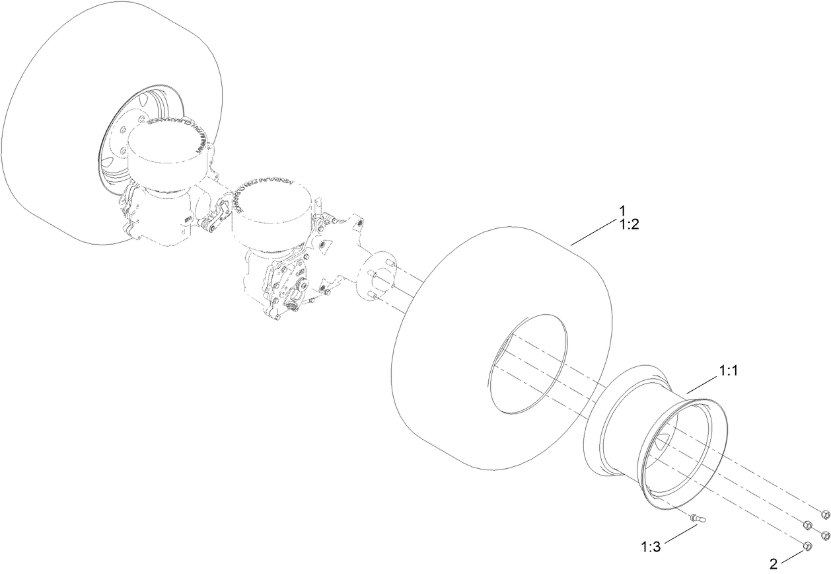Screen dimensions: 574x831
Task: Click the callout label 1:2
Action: coord(629,224)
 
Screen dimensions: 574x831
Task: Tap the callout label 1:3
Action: coord(651,547)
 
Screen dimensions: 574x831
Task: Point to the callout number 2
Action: coord(774,564)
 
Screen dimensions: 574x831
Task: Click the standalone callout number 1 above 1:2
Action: coord(622,211)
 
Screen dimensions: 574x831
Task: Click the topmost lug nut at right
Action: coord(824,514)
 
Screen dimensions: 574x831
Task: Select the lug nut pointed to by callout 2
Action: coord(807,546)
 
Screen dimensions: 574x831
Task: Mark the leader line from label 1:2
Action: coord(595,234)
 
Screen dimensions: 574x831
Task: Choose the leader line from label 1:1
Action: coord(703,384)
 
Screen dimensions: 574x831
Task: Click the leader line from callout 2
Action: coord(793,554)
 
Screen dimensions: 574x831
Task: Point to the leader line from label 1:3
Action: coord(674,533)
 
